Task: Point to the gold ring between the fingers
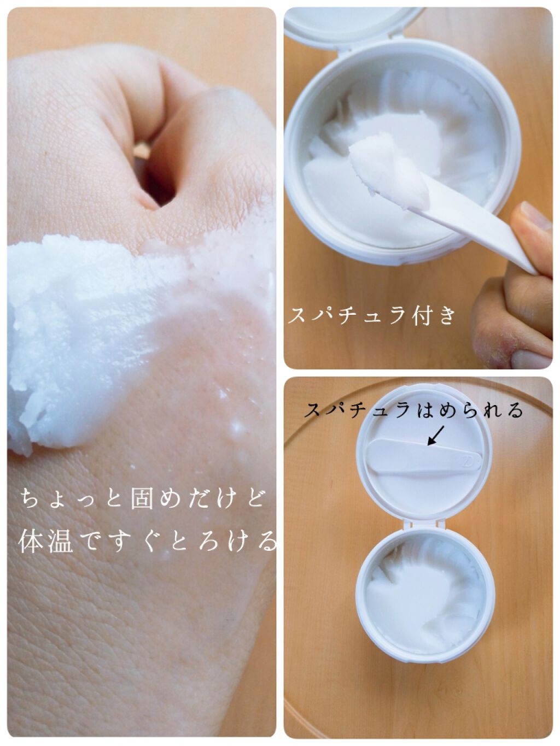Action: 142,150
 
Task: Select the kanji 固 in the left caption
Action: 142,498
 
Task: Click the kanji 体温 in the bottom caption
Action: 45,541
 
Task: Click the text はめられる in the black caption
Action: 469,410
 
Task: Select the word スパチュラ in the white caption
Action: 347,315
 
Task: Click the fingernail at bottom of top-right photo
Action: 531,359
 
